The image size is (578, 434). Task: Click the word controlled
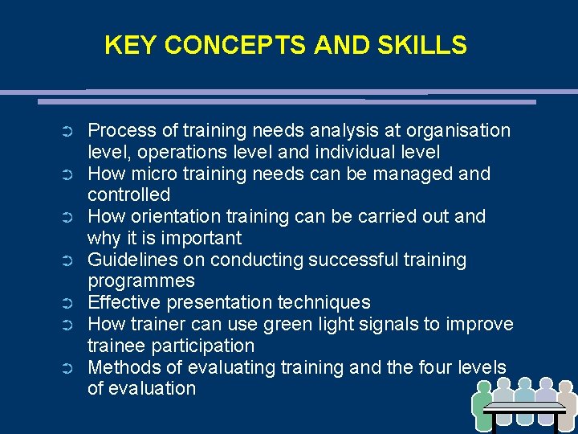click(129, 194)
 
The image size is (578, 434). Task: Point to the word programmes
click(141, 281)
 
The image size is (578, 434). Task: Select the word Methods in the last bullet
click(123, 367)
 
